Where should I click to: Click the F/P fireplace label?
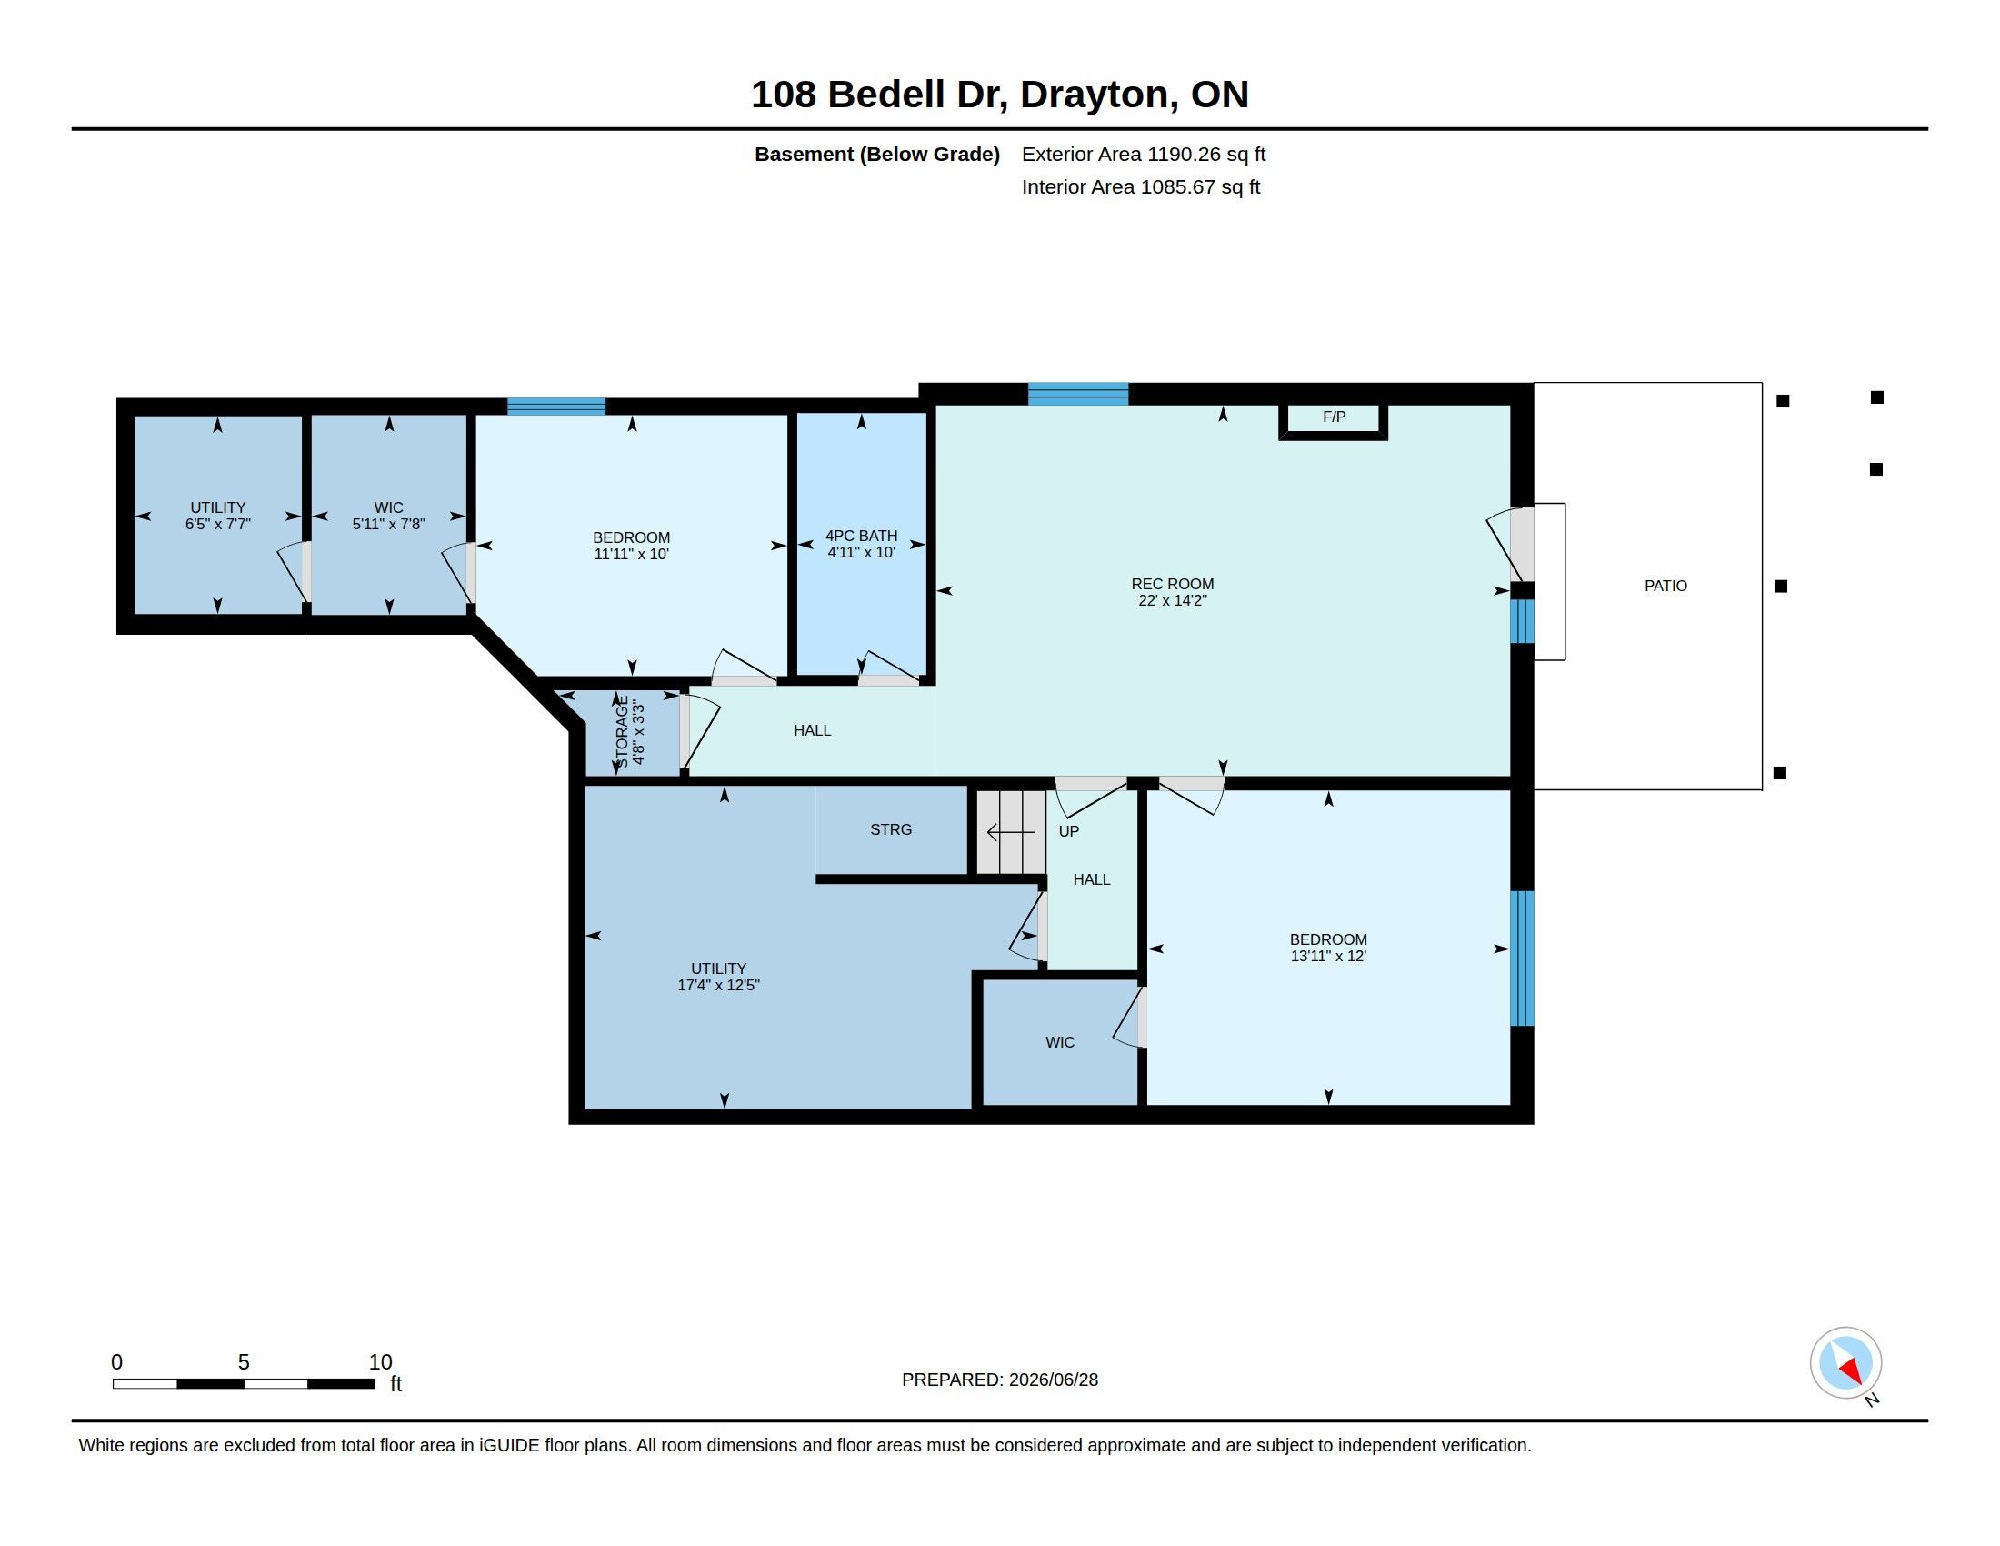click(1334, 417)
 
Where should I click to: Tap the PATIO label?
click(1665, 586)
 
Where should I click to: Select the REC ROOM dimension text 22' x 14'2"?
click(1172, 601)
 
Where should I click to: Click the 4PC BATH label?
click(861, 536)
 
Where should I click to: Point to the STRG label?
click(890, 828)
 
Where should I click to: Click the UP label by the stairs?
click(1069, 830)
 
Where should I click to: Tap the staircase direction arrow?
click(1010, 832)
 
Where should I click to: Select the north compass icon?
click(1845, 1363)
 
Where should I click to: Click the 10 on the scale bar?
click(380, 1362)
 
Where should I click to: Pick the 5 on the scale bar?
click(244, 1362)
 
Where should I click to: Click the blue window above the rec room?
click(1078, 394)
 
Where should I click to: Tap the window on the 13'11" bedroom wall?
click(1521, 958)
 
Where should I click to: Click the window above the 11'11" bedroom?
click(555, 407)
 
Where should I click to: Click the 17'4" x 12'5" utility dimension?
click(719, 986)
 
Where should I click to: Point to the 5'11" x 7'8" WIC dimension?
click(388, 525)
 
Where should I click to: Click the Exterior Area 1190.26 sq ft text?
click(1144, 154)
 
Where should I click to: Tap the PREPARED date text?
click(1000, 1380)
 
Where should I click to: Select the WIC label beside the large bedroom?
click(1059, 1042)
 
